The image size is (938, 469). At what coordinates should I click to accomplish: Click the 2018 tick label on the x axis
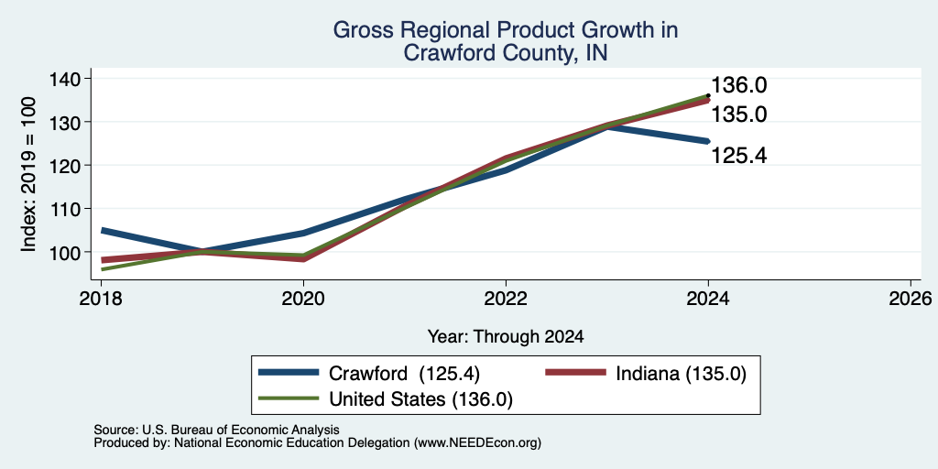coord(102,299)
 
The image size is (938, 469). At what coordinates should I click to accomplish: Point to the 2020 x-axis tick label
coord(304,299)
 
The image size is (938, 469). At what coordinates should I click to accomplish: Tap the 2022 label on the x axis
coord(506,299)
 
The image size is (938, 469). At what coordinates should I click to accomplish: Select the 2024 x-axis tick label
coord(708,299)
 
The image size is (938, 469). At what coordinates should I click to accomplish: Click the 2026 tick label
coord(911,299)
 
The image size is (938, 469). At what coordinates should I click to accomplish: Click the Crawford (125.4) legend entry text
coord(404,374)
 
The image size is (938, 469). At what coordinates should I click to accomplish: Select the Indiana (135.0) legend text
coord(681,374)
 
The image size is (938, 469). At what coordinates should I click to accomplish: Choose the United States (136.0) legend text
coord(420,399)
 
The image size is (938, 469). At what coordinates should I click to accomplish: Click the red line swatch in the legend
coord(574,373)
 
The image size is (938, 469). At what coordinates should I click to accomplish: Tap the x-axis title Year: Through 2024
coord(506,337)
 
